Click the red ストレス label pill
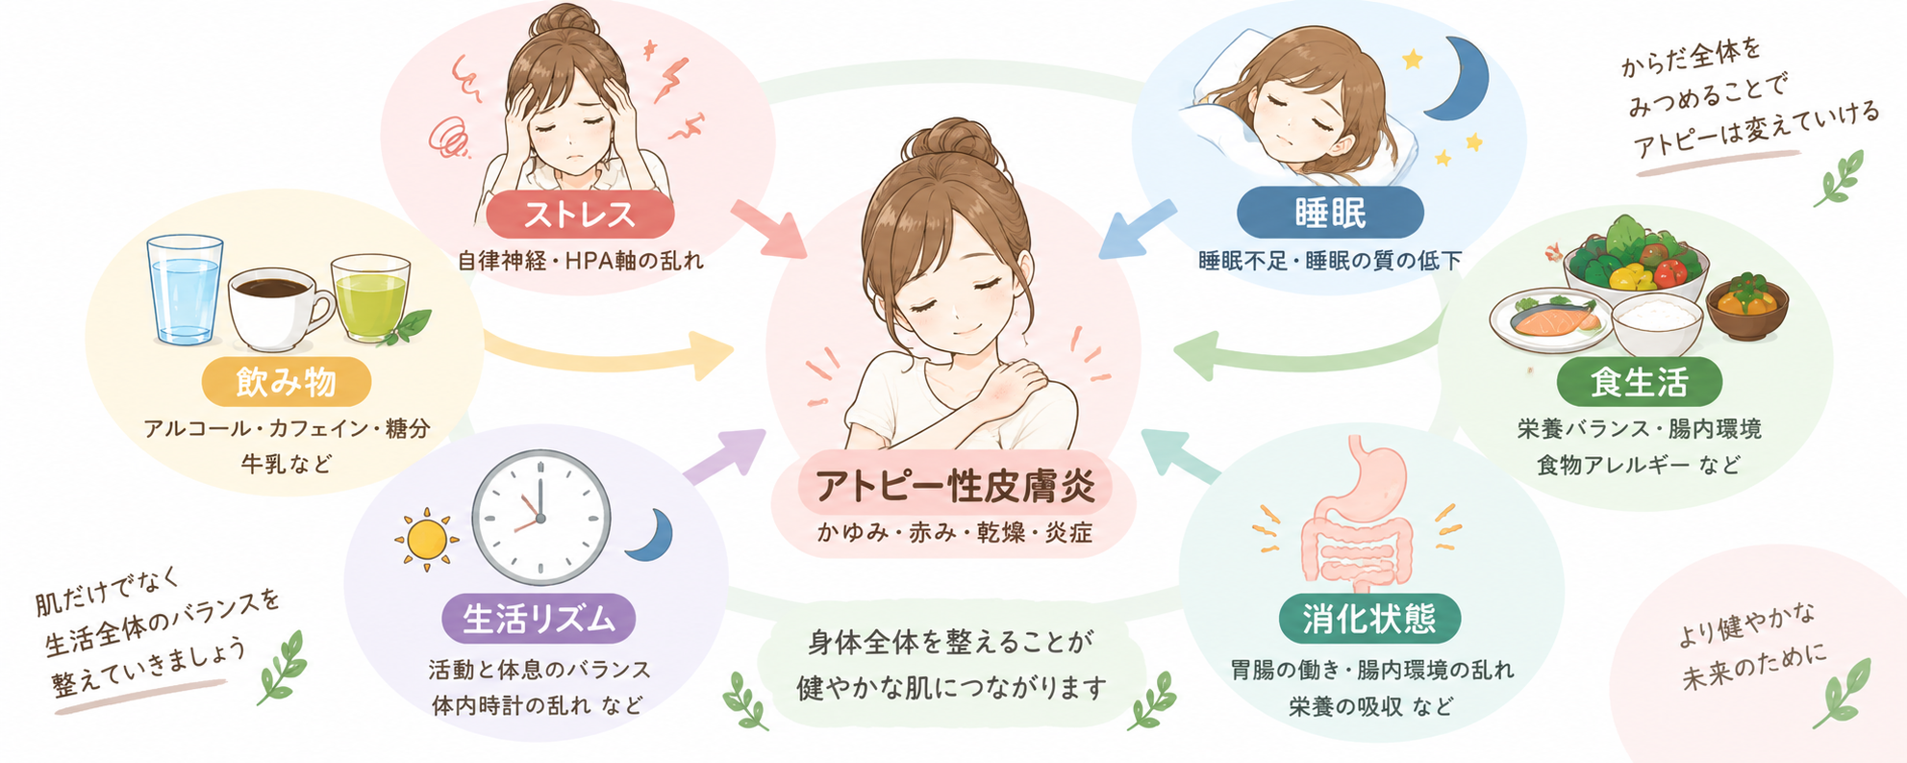coord(579,214)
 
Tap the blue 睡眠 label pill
coord(1330,213)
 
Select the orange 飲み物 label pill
coord(287,382)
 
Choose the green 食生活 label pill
coord(1640,382)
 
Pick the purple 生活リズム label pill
coord(539,619)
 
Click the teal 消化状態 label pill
coord(1369,619)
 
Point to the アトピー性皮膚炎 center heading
coord(955,487)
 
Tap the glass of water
coord(185,289)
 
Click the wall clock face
coord(540,517)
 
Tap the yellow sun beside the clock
coord(426,540)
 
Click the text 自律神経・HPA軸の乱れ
coord(580,260)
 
